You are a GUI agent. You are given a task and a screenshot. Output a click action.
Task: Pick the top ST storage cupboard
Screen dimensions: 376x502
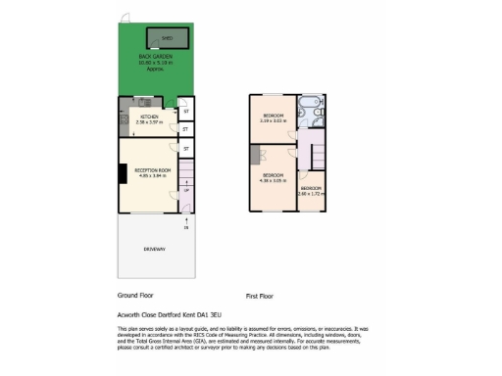[x=186, y=112]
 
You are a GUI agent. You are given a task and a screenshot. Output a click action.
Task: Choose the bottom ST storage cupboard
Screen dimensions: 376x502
[x=186, y=149]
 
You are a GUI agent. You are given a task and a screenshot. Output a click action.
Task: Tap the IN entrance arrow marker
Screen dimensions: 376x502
[x=186, y=228]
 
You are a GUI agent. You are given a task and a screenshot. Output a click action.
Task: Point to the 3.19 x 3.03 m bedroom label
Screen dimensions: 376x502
[x=273, y=119]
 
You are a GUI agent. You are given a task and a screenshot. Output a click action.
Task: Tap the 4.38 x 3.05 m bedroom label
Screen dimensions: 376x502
[x=272, y=177]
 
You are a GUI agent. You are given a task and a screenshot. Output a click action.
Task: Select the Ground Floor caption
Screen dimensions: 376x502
[x=135, y=295]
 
